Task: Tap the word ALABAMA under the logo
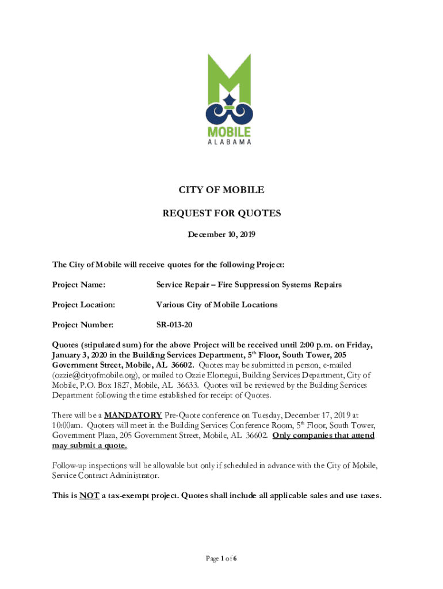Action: tap(229, 142)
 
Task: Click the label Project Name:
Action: tap(79, 284)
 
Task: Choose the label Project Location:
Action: tap(83, 304)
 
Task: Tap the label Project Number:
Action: tap(83, 324)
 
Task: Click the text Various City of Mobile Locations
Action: tap(217, 304)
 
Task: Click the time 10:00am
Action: tap(68, 425)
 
